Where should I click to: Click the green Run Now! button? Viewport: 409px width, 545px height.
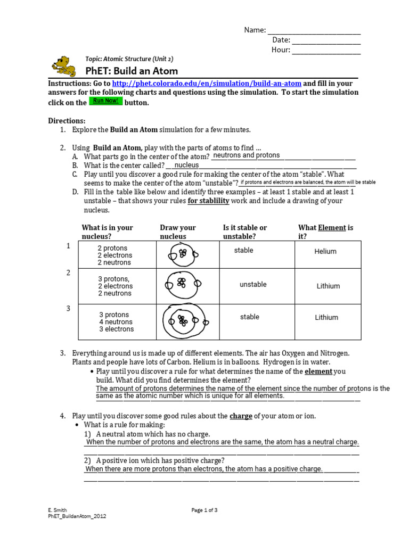point(105,101)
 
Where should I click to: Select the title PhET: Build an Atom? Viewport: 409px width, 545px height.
point(132,71)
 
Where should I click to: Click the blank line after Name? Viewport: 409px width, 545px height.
point(314,30)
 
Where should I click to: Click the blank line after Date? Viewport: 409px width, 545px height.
point(326,40)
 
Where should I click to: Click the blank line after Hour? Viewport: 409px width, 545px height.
point(326,51)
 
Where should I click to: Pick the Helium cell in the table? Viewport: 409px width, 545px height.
point(325,252)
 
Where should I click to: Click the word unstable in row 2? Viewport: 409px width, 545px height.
point(253,284)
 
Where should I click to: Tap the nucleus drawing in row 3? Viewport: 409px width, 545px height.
point(183,321)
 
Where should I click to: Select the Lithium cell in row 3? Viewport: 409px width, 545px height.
point(326,318)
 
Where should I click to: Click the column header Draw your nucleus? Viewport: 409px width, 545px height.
point(178,232)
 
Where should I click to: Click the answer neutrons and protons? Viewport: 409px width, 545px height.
point(246,155)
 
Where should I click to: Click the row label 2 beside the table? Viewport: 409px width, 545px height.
point(68,273)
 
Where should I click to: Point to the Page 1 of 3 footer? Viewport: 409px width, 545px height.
point(204,510)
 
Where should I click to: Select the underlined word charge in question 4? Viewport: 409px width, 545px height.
point(241,416)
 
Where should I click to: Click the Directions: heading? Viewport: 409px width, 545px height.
point(67,121)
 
